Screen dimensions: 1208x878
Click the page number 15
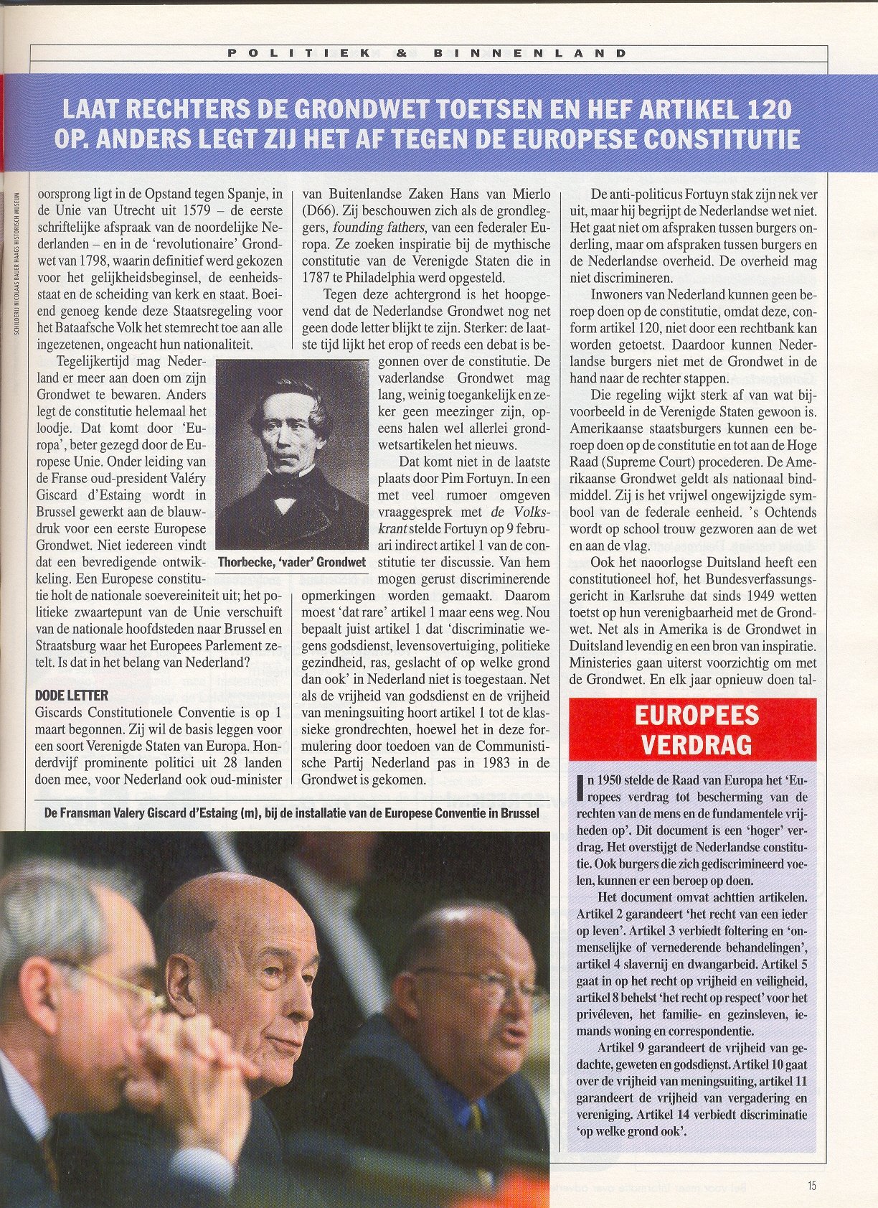[811, 1186]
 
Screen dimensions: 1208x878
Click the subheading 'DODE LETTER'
[72, 695]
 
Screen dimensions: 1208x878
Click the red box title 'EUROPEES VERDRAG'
[692, 729]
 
